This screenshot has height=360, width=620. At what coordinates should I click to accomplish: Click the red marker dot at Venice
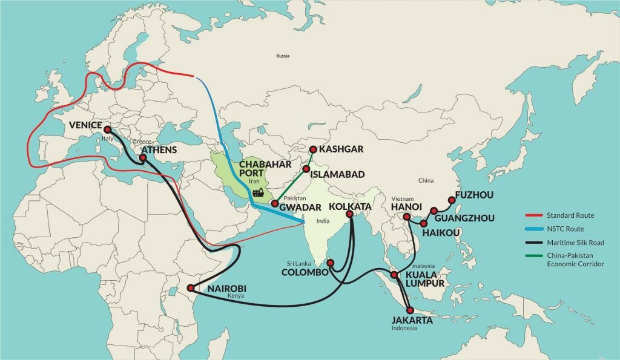[107, 129]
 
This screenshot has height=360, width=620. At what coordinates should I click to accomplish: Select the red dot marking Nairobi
[191, 288]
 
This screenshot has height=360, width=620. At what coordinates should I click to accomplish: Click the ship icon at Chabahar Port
[259, 193]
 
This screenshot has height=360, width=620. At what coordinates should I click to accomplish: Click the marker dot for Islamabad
[306, 169]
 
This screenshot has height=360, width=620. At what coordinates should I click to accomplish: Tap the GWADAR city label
[300, 208]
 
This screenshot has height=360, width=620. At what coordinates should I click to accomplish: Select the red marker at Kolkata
[349, 213]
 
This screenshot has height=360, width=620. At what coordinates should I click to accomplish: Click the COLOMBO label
[305, 272]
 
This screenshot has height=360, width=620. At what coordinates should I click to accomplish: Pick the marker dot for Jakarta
[411, 310]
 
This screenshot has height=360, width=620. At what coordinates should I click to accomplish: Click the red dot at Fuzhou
[451, 200]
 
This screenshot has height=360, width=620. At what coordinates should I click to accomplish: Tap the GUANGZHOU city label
[464, 218]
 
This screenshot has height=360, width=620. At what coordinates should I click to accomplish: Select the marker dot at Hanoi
[407, 217]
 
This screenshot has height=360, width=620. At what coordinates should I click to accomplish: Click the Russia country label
[282, 56]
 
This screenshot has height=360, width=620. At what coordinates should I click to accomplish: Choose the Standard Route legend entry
[570, 215]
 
